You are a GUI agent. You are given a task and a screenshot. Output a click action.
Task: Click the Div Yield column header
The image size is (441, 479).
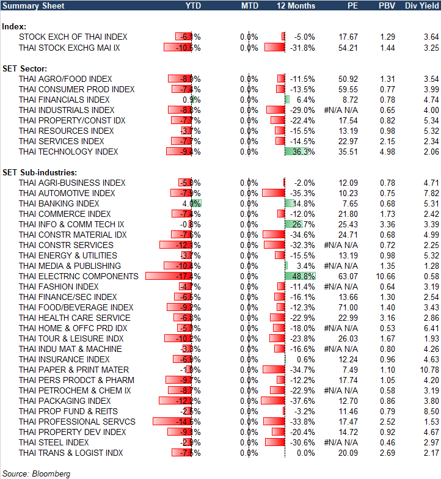[422, 5]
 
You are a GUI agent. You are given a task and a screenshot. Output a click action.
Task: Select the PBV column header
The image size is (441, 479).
[386, 5]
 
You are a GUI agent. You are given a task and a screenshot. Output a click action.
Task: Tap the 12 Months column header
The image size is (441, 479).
[296, 5]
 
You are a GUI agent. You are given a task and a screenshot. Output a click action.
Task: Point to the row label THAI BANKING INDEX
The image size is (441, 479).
[59, 203]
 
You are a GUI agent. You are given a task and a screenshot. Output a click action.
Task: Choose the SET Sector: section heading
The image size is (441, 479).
[25, 68]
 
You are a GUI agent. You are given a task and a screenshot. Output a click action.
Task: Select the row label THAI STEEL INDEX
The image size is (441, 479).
[54, 442]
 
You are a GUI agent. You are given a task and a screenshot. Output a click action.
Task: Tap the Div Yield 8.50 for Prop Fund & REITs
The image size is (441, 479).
[430, 411]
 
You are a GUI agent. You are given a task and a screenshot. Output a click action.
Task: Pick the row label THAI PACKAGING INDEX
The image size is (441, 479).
[65, 401]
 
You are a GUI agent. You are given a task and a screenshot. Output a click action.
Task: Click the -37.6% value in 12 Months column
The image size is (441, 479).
[303, 401]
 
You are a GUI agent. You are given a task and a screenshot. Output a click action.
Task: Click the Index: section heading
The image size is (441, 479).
[13, 27]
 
